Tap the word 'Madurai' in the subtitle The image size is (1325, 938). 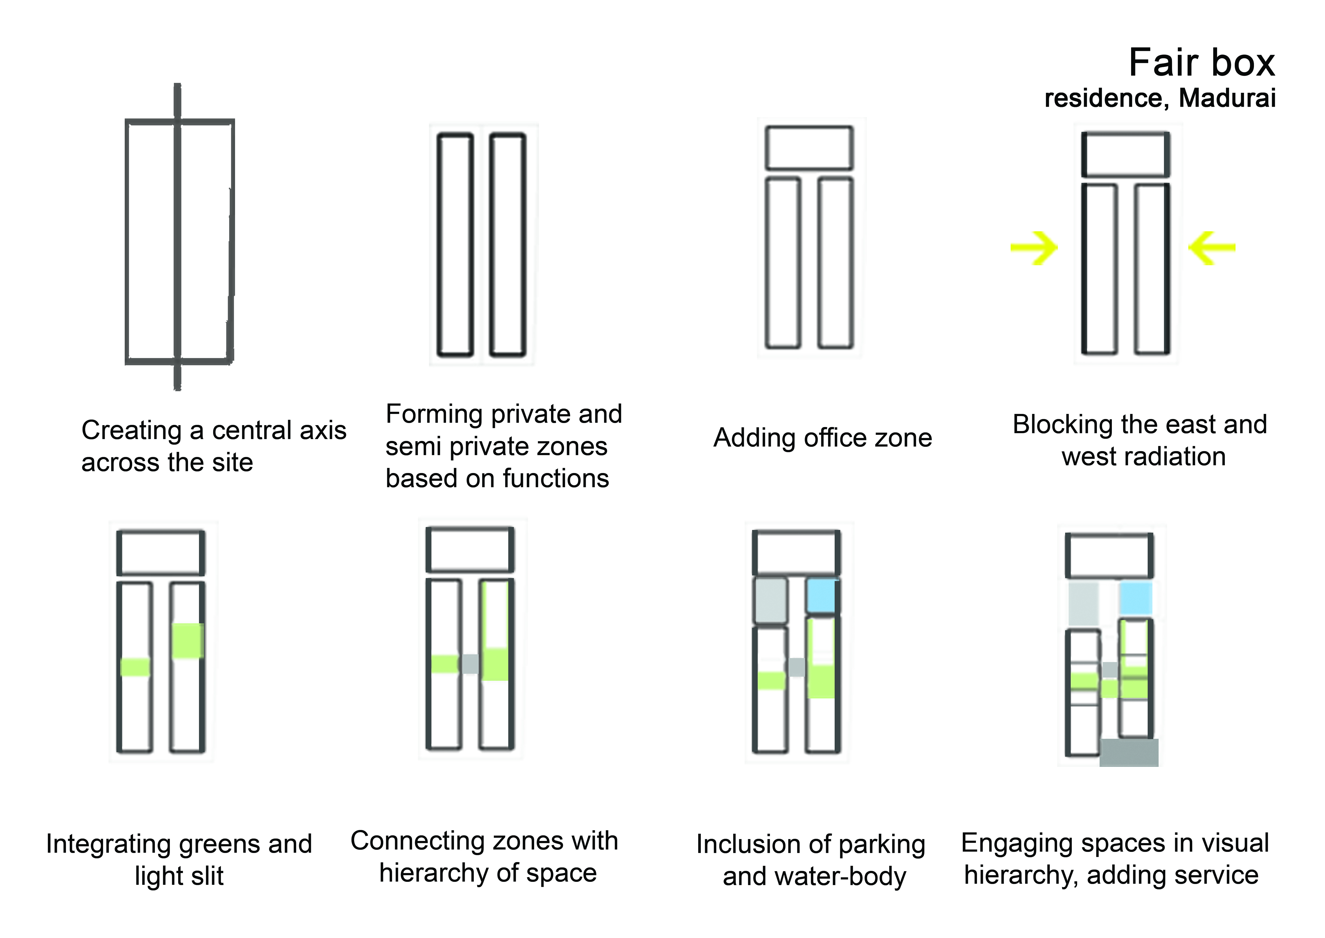1227,98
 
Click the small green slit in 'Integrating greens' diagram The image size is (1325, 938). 135,667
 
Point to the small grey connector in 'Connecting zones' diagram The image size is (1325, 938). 470,664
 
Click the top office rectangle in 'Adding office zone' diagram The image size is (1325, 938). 809,148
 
